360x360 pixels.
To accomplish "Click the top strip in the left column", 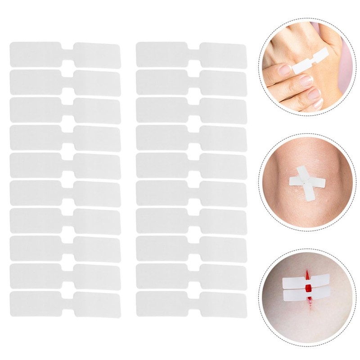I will click(x=65, y=54).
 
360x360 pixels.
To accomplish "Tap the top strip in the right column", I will click(x=191, y=54).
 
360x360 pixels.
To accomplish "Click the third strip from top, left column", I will click(x=65, y=110).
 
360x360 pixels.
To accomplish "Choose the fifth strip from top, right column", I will click(x=191, y=165).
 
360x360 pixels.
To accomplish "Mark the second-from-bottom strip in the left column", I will click(x=65, y=276).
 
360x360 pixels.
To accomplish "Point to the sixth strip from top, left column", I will click(x=65, y=193).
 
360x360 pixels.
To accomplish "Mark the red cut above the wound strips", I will click(x=308, y=273).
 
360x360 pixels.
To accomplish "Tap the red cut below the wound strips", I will click(x=310, y=304).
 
